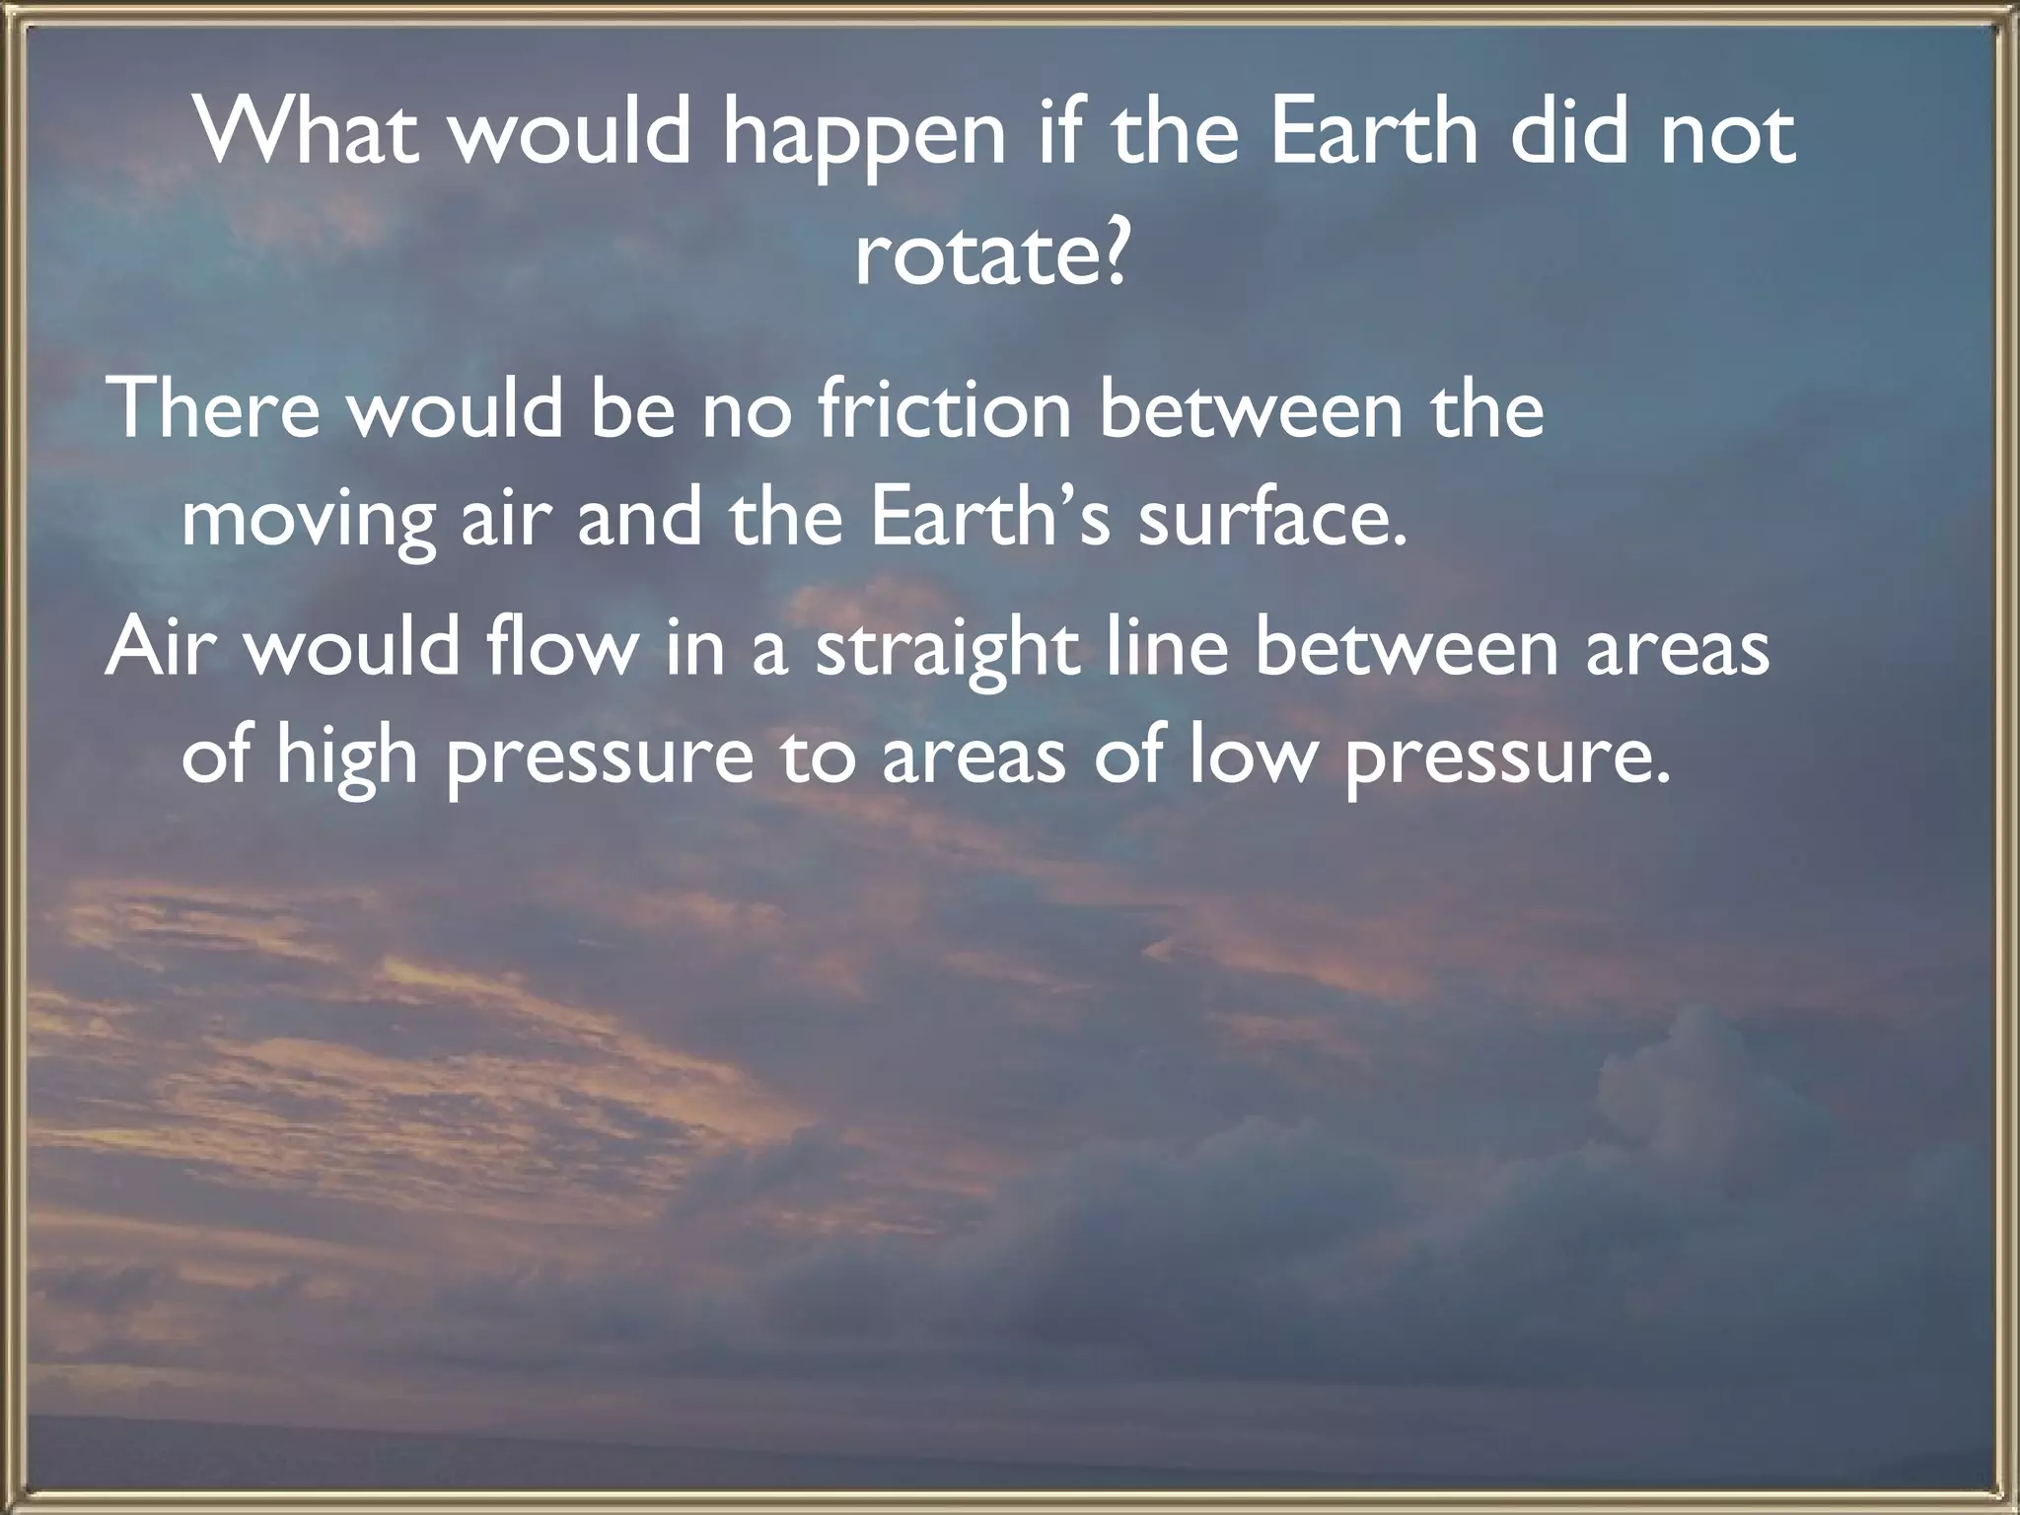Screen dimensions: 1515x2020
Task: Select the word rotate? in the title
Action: click(990, 254)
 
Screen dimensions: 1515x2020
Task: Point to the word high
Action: click(346, 759)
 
